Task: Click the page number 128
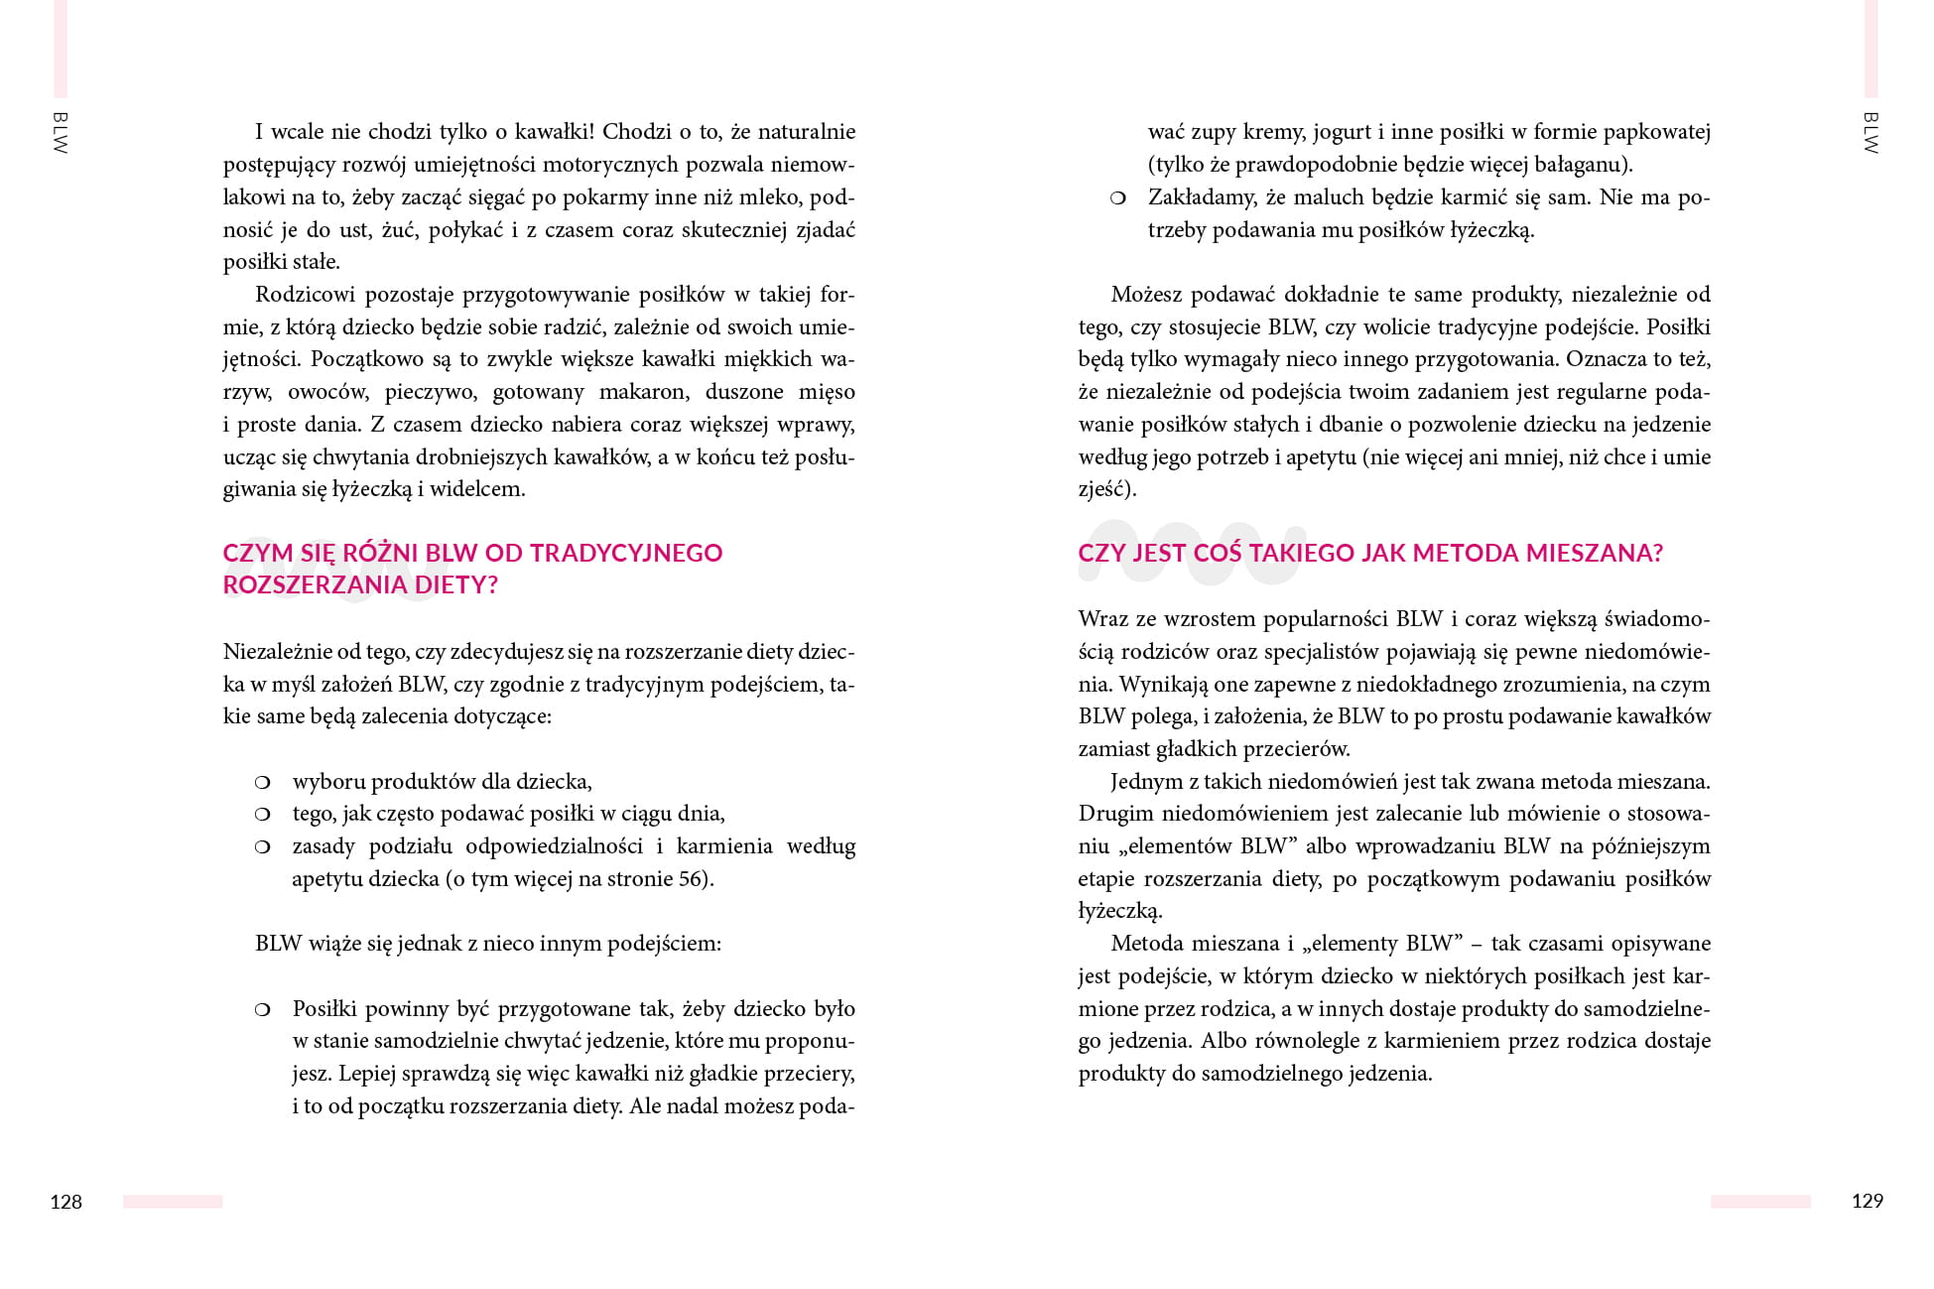pyautogui.click(x=65, y=1202)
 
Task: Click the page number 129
pyautogui.click(x=1867, y=1201)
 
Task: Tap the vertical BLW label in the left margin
pyautogui.click(x=60, y=133)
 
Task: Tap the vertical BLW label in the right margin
pyautogui.click(x=1870, y=133)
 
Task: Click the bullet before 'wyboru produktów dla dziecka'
pyautogui.click(x=262, y=782)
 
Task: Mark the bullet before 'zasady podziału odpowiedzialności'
pyautogui.click(x=262, y=847)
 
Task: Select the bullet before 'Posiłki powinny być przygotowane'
pyautogui.click(x=262, y=1010)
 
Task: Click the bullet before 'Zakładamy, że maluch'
pyautogui.click(x=1117, y=198)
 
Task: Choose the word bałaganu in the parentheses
pyautogui.click(x=1582, y=165)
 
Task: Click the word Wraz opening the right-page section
pyautogui.click(x=1102, y=619)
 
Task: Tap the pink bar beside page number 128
pyautogui.click(x=173, y=1202)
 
